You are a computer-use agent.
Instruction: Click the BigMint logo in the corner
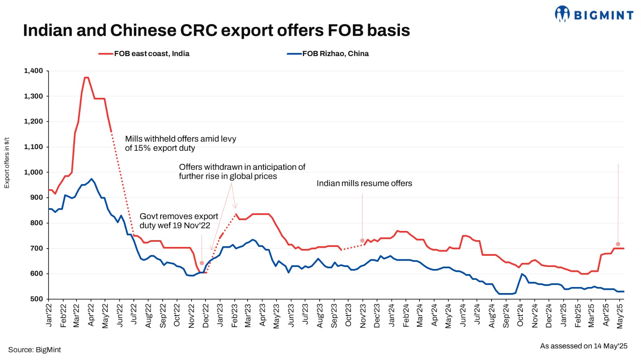pos(594,14)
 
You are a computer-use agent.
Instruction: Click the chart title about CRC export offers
pos(216,30)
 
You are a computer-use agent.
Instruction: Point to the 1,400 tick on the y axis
pos(34,71)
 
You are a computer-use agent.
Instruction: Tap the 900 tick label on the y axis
pos(36,198)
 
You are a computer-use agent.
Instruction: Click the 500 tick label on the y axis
pos(36,299)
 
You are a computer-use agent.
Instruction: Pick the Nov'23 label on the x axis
pos(363,316)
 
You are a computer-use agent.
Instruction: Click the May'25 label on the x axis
pos(620,316)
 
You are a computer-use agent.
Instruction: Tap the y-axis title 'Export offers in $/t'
pos(6,163)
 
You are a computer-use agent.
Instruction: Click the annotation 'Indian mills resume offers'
pos(364,184)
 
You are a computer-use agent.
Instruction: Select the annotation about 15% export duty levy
pos(180,144)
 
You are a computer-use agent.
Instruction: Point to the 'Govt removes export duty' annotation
pos(179,221)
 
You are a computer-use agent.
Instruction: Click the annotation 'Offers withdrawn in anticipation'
pos(242,172)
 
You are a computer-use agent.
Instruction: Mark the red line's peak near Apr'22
pos(86,77)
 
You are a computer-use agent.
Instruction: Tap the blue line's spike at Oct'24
pos(522,274)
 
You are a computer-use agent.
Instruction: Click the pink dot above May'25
pos(618,244)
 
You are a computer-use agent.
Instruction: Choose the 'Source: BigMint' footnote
pos(34,350)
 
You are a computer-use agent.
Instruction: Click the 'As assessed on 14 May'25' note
pos(583,346)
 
